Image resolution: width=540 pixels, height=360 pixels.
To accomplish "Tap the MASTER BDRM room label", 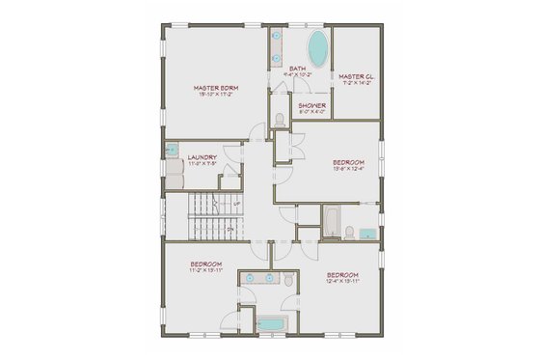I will pyautogui.click(x=216, y=88).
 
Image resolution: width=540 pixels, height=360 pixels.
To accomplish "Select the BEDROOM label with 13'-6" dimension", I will pyautogui.click(x=349, y=161).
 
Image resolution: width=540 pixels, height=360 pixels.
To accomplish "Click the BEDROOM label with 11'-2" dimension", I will pyautogui.click(x=205, y=264).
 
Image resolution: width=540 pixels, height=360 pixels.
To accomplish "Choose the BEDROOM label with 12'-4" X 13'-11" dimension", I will pyautogui.click(x=342, y=275).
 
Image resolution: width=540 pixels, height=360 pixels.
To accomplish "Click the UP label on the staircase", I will pyautogui.click(x=236, y=205).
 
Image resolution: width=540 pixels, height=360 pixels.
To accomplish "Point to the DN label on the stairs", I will pyautogui.click(x=229, y=229).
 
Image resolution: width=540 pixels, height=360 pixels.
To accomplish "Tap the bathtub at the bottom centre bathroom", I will pyautogui.click(x=272, y=323).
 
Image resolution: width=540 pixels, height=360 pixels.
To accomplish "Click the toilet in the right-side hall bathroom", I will pyautogui.click(x=350, y=232).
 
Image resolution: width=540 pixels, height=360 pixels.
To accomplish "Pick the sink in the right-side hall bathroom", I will pyautogui.click(x=366, y=233).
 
